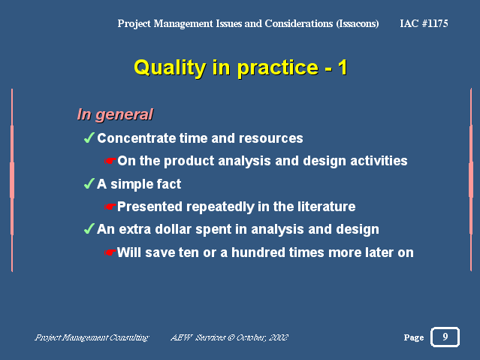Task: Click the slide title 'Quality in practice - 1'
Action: (240, 68)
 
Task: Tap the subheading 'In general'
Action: (115, 115)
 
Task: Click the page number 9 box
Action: (445, 337)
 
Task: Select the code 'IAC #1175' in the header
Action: (424, 23)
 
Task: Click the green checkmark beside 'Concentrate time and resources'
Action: (89, 138)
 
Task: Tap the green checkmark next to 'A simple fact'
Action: (89, 184)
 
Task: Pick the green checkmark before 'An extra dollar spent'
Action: (89, 229)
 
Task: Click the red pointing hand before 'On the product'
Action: (110, 161)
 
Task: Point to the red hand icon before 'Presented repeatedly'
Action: (110, 207)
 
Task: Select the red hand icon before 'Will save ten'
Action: (110, 253)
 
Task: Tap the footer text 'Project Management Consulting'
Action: (92, 337)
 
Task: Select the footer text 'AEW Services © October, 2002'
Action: (229, 337)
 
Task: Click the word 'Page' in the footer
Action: (414, 337)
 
